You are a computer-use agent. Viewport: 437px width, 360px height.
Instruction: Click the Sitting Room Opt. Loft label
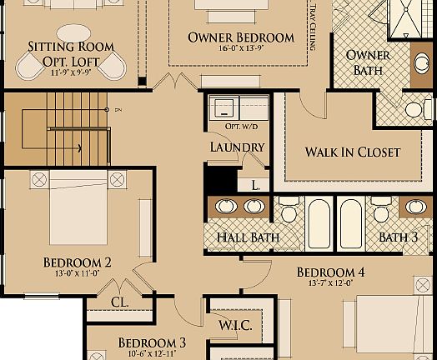coord(64,52)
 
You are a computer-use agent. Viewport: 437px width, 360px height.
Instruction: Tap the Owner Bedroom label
coord(240,37)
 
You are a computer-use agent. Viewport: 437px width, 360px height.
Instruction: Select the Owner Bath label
coord(368,63)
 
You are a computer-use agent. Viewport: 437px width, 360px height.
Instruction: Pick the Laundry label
coord(237,147)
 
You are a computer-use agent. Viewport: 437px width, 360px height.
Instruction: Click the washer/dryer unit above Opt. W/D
coord(239,107)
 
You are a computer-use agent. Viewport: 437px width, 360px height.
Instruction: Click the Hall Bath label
coord(247,237)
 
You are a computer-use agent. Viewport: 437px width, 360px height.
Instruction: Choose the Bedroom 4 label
coord(330,272)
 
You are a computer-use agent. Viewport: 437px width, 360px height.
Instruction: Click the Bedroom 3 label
coord(151,342)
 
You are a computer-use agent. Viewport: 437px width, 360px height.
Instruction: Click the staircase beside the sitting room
coord(54,128)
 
